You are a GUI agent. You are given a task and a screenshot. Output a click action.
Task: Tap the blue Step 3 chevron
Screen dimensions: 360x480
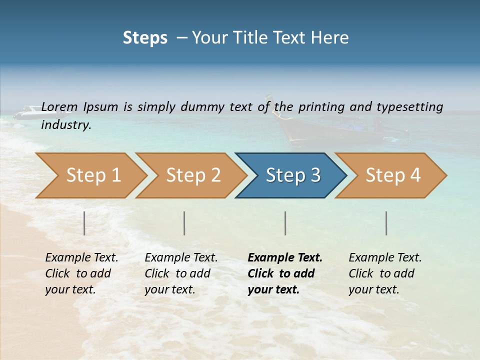(x=293, y=175)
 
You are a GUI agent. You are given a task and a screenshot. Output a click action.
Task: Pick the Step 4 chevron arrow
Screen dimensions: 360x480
(x=393, y=175)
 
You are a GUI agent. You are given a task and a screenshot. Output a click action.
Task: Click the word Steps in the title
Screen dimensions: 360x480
(x=145, y=38)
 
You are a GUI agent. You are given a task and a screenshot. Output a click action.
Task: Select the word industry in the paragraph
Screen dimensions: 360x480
(x=65, y=125)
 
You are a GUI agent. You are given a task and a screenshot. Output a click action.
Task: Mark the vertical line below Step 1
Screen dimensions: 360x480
(x=84, y=223)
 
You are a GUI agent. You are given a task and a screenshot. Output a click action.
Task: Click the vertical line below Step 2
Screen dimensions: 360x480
(x=184, y=223)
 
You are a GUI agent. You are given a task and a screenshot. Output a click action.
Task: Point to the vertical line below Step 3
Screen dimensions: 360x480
(x=285, y=223)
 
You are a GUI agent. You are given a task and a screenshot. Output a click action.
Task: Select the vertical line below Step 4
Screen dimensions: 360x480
(x=386, y=223)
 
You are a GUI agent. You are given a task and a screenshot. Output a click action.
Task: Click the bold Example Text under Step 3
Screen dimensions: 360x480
(x=285, y=258)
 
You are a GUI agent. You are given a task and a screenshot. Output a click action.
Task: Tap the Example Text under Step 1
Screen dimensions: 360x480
(x=81, y=258)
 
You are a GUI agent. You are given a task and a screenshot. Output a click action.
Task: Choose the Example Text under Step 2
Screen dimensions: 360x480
(x=181, y=258)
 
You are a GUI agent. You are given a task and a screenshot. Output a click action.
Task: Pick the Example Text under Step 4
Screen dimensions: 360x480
(x=385, y=258)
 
